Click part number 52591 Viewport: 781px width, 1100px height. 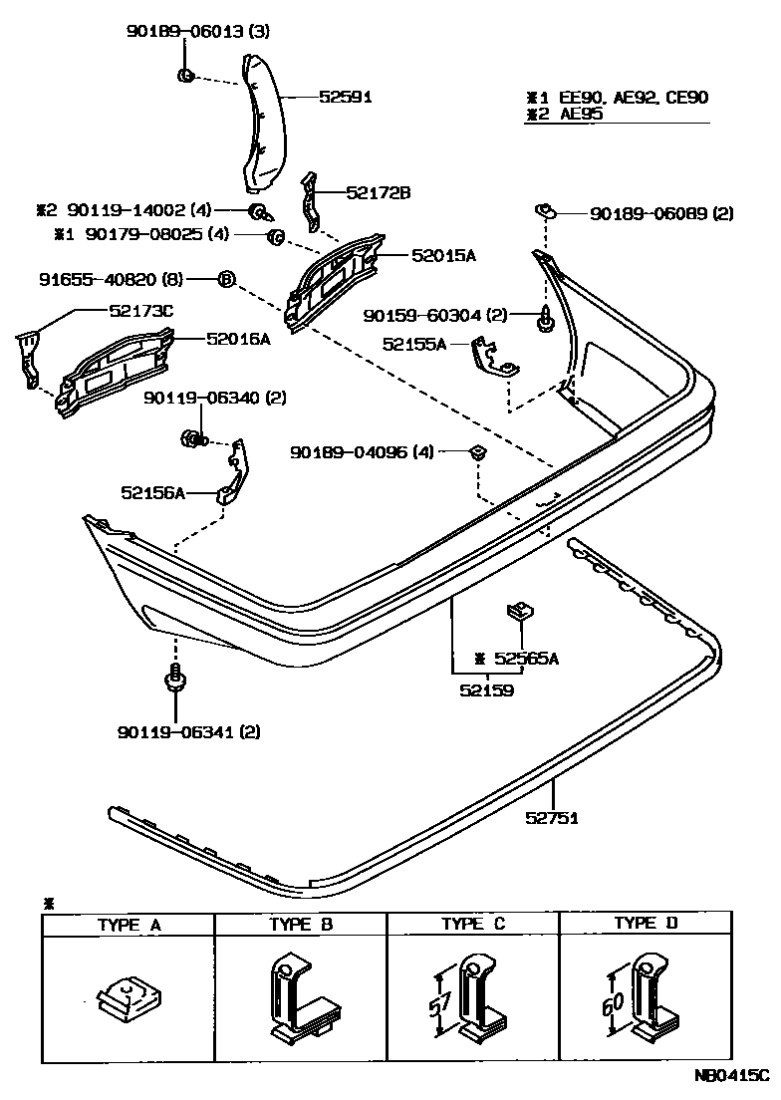point(346,97)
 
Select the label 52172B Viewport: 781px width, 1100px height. point(379,192)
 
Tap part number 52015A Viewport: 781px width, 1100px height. point(443,256)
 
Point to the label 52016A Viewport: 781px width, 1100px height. point(238,339)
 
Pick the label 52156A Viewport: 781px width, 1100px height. point(153,492)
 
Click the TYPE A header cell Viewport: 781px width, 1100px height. point(129,925)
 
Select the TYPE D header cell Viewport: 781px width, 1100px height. point(646,924)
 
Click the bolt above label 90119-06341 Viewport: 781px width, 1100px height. point(174,681)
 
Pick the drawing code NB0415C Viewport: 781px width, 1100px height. point(732,1076)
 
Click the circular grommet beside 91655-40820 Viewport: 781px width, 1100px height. point(225,280)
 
